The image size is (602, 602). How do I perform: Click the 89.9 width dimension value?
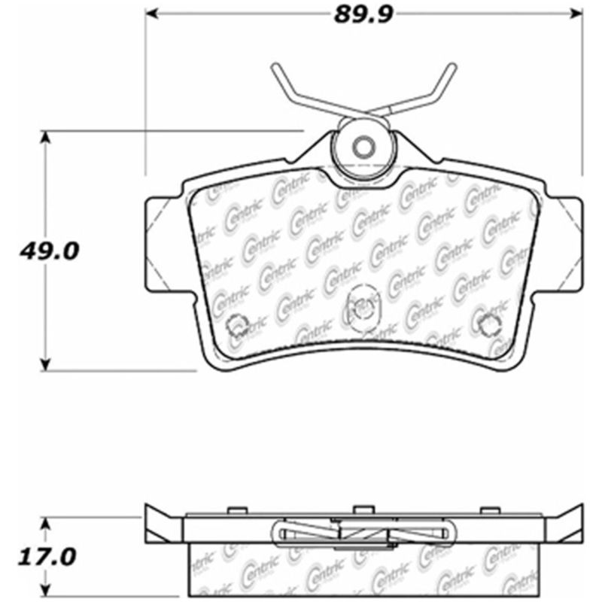point(365,14)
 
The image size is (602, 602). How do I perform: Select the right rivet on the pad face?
point(488,324)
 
